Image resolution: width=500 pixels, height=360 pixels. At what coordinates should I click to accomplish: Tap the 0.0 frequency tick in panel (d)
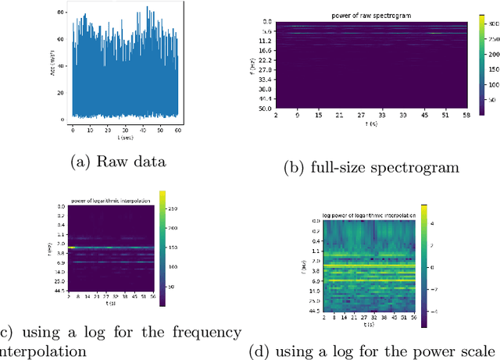tap(316, 221)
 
